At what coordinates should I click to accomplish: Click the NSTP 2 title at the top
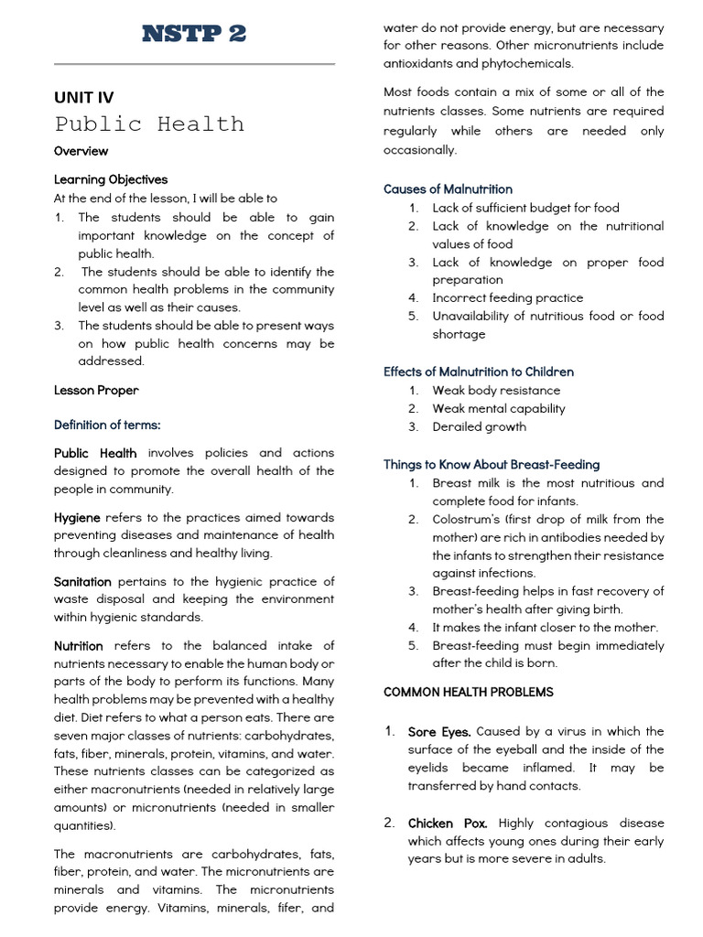click(194, 35)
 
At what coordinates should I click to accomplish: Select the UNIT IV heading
click(83, 98)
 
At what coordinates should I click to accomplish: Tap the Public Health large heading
click(149, 124)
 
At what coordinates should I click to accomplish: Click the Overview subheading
click(81, 151)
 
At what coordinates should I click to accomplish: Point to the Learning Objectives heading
click(111, 179)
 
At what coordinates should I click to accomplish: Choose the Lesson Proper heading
click(96, 391)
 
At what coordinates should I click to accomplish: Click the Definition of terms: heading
click(107, 425)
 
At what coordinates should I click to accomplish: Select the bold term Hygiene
click(77, 517)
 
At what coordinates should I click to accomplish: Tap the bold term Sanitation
click(82, 581)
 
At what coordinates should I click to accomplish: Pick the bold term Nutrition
click(79, 646)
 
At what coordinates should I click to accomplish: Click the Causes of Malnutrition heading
click(448, 189)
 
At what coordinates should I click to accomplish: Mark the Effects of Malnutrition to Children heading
click(479, 372)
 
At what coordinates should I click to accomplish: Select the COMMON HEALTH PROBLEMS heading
click(469, 693)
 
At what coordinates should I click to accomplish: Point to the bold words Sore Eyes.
click(439, 732)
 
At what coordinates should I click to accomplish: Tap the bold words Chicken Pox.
click(448, 824)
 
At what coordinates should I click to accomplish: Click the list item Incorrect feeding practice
click(507, 298)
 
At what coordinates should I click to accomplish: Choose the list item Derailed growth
click(479, 427)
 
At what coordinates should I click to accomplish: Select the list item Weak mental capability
click(498, 409)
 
